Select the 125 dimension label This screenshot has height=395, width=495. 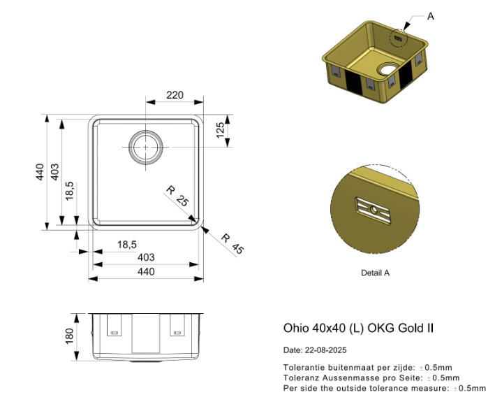(x=220, y=131)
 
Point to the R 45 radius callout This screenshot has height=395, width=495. (x=232, y=243)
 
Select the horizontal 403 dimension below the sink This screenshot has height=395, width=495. (x=146, y=257)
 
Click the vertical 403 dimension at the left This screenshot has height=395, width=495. (x=55, y=172)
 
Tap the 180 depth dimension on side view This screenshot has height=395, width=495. (x=69, y=336)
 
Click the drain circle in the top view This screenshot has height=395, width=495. (x=145, y=148)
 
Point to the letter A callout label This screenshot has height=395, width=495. (x=430, y=16)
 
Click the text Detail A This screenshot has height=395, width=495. (x=375, y=273)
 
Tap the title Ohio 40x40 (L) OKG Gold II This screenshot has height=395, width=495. (x=358, y=327)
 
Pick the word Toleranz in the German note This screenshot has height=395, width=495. (x=300, y=378)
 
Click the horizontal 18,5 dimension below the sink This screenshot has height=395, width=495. (x=126, y=244)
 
